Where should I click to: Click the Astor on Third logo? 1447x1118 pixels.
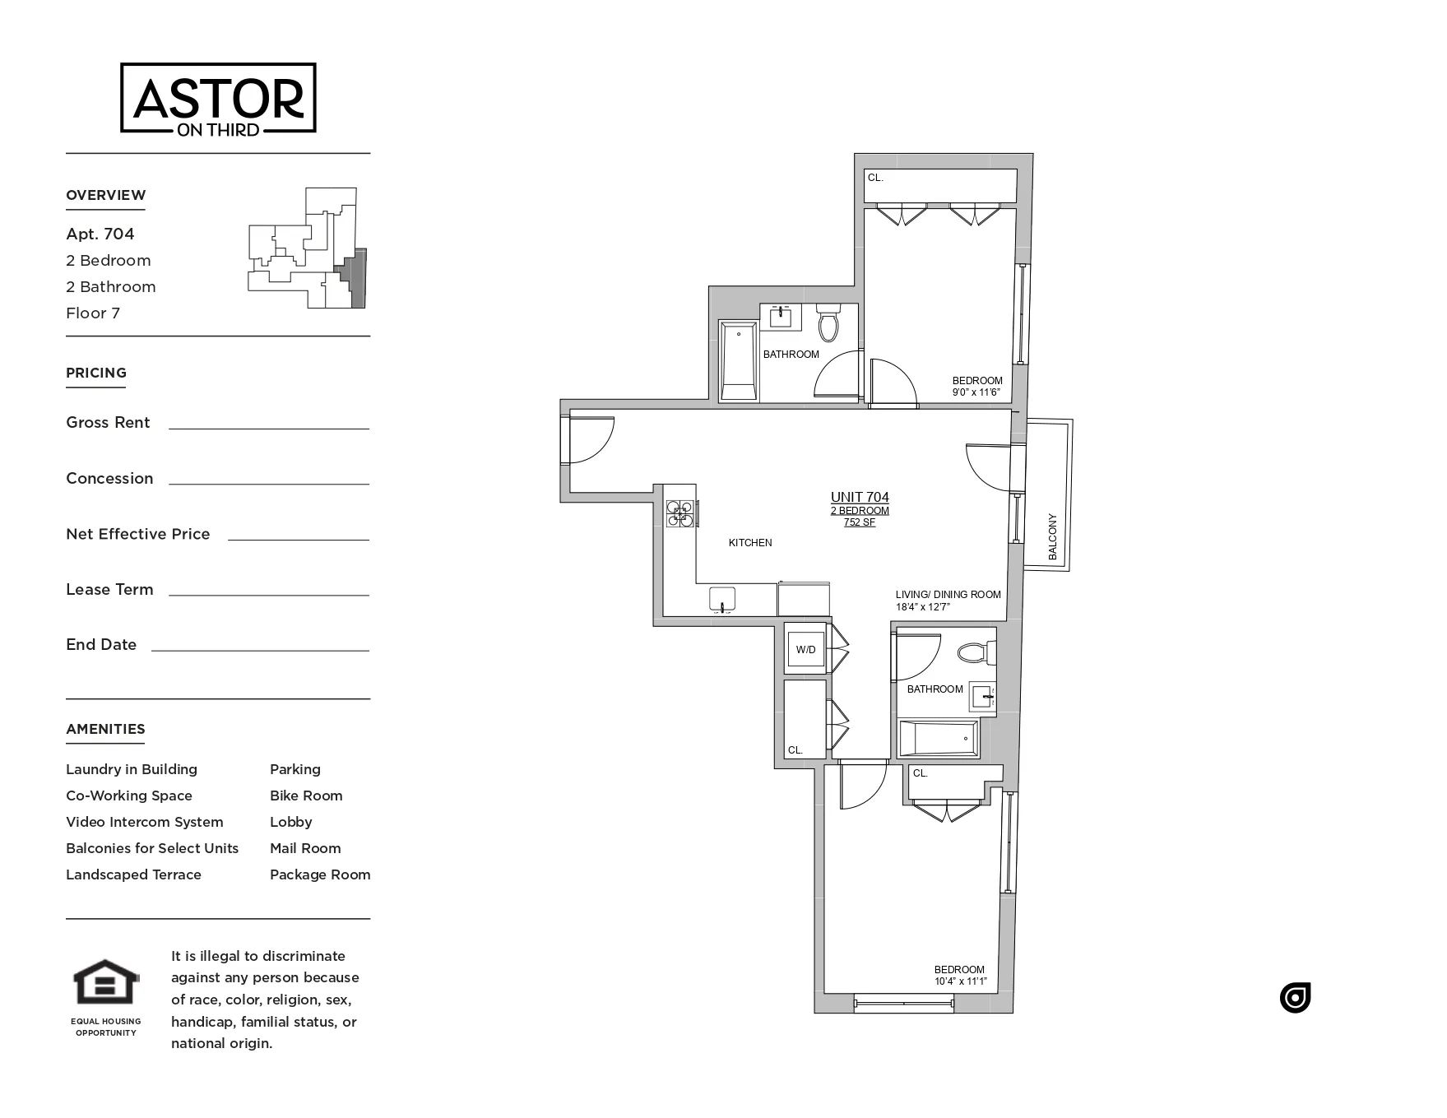(218, 98)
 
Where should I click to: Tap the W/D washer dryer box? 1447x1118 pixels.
(805, 650)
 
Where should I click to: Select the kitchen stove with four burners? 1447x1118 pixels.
(680, 513)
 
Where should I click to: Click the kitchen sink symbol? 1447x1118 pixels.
(722, 600)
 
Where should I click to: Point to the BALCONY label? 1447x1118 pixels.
(1053, 537)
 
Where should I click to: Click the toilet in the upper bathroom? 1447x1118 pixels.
(828, 322)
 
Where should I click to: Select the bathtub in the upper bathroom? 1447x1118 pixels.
(738, 360)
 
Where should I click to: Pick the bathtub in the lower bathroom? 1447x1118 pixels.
(939, 739)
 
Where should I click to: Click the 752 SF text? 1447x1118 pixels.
(860, 522)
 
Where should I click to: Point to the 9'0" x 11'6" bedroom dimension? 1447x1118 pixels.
(976, 392)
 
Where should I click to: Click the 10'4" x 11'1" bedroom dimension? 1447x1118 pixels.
(959, 981)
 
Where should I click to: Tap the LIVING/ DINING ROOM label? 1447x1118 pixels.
(948, 595)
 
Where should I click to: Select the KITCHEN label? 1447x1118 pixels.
(750, 543)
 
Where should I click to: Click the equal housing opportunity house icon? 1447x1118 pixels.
(106, 982)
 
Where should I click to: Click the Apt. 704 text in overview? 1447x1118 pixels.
(100, 234)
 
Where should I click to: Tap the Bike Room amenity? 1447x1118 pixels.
(306, 796)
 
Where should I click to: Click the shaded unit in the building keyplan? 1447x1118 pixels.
(355, 280)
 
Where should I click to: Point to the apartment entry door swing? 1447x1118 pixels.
(591, 440)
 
